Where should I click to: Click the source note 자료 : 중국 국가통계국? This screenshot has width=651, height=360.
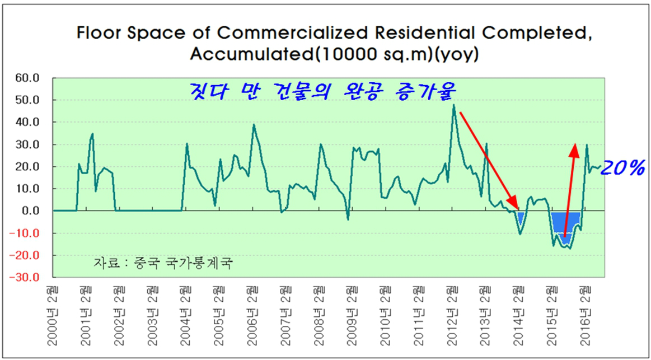coord(163,262)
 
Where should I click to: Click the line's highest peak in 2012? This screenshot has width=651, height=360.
coord(453,105)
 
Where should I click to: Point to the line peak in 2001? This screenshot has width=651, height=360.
coord(92,134)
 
